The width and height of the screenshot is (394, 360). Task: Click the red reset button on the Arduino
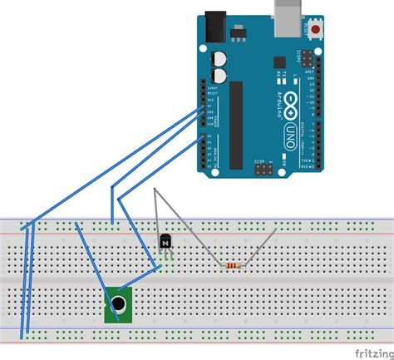tap(318, 31)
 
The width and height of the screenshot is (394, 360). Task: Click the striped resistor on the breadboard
tap(235, 265)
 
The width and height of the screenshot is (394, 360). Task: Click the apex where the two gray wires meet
tap(156, 190)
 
